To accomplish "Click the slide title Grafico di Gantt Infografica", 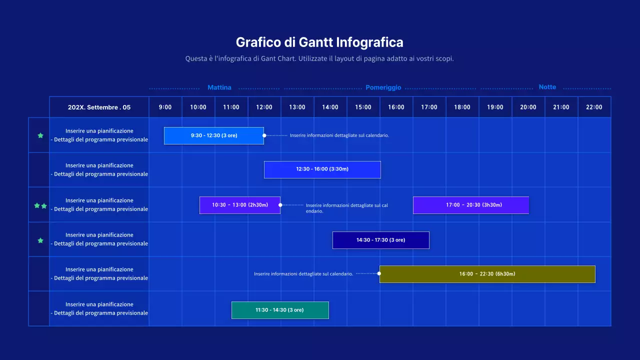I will tap(319, 41).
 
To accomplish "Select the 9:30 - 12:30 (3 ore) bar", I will tap(214, 135).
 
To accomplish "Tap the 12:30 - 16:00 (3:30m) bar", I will tap(322, 169).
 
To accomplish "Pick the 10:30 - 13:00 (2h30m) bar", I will tap(239, 205).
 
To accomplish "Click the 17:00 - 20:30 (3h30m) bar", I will tap(470, 205).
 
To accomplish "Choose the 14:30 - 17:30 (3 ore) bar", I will tap(380, 240).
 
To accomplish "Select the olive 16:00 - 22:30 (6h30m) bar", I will tap(487, 274).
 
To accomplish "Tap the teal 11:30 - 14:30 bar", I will tap(279, 310).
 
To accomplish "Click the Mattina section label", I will tap(219, 87).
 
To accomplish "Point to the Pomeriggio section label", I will tap(383, 87).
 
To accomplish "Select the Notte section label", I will tap(547, 87).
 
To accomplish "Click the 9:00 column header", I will tap(165, 107).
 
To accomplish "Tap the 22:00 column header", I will tap(594, 107).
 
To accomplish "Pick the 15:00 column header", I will tap(363, 107).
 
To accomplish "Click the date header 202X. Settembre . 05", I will tap(99, 107).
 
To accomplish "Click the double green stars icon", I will tap(40, 205).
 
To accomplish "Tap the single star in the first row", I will tap(40, 135).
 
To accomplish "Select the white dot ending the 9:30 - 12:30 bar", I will tap(264, 135).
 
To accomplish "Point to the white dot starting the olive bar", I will tap(379, 273).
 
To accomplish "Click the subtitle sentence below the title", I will tap(319, 58).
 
